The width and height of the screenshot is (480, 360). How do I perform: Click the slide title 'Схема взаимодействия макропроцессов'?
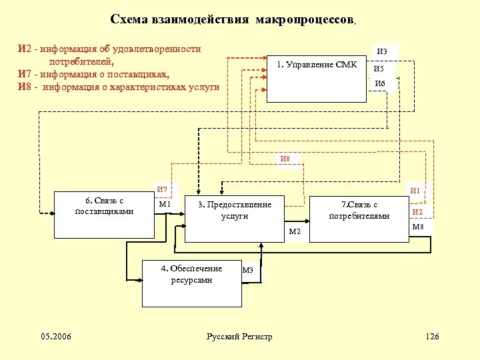pyautogui.click(x=233, y=19)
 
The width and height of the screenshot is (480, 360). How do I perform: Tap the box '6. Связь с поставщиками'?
pyautogui.click(x=104, y=216)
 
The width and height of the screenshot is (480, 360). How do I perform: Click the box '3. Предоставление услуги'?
pyautogui.click(x=234, y=219)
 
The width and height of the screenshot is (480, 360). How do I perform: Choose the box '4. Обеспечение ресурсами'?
pyautogui.click(x=193, y=283)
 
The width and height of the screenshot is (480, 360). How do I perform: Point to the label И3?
pyautogui.click(x=382, y=51)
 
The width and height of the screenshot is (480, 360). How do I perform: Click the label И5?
pyautogui.click(x=379, y=69)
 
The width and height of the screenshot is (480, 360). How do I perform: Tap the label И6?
pyautogui.click(x=380, y=84)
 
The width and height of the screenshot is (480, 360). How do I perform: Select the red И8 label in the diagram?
pyautogui.click(x=285, y=159)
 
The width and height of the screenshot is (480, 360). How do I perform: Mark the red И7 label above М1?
pyautogui.click(x=161, y=190)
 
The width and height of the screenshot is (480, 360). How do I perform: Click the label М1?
pyautogui.click(x=165, y=204)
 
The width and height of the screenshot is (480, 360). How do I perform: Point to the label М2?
pyautogui.click(x=295, y=231)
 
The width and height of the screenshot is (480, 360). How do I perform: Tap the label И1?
pyautogui.click(x=415, y=191)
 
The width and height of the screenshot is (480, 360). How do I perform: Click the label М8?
pyautogui.click(x=419, y=227)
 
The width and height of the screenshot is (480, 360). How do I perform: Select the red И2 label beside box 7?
pyautogui.click(x=418, y=212)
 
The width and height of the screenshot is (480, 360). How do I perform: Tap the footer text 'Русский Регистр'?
pyautogui.click(x=239, y=337)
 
